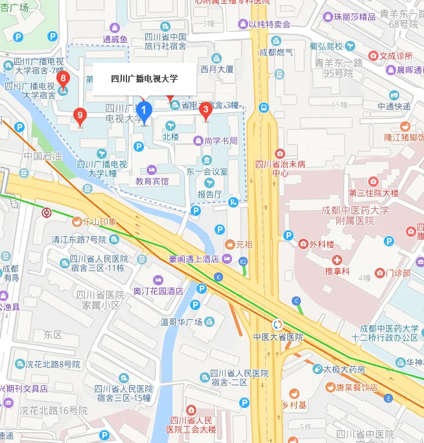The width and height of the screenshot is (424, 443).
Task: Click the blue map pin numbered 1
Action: (143, 112)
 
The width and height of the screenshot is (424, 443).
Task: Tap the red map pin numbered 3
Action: (206, 111)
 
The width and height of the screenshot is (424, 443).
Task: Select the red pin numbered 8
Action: (62, 80)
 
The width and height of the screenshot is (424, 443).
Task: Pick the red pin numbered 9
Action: (80, 117)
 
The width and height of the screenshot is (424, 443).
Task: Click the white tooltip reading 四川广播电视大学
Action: (144, 79)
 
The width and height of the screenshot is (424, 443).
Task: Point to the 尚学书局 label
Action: (220, 141)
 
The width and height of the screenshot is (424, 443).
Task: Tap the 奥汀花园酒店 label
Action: (158, 291)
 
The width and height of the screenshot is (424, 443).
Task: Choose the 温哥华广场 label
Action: (182, 321)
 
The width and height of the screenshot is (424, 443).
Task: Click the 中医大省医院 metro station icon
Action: (277, 324)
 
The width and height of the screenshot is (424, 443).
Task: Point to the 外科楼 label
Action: (320, 245)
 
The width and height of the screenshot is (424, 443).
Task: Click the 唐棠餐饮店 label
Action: (356, 387)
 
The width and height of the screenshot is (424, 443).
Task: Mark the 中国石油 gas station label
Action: (43, 156)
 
